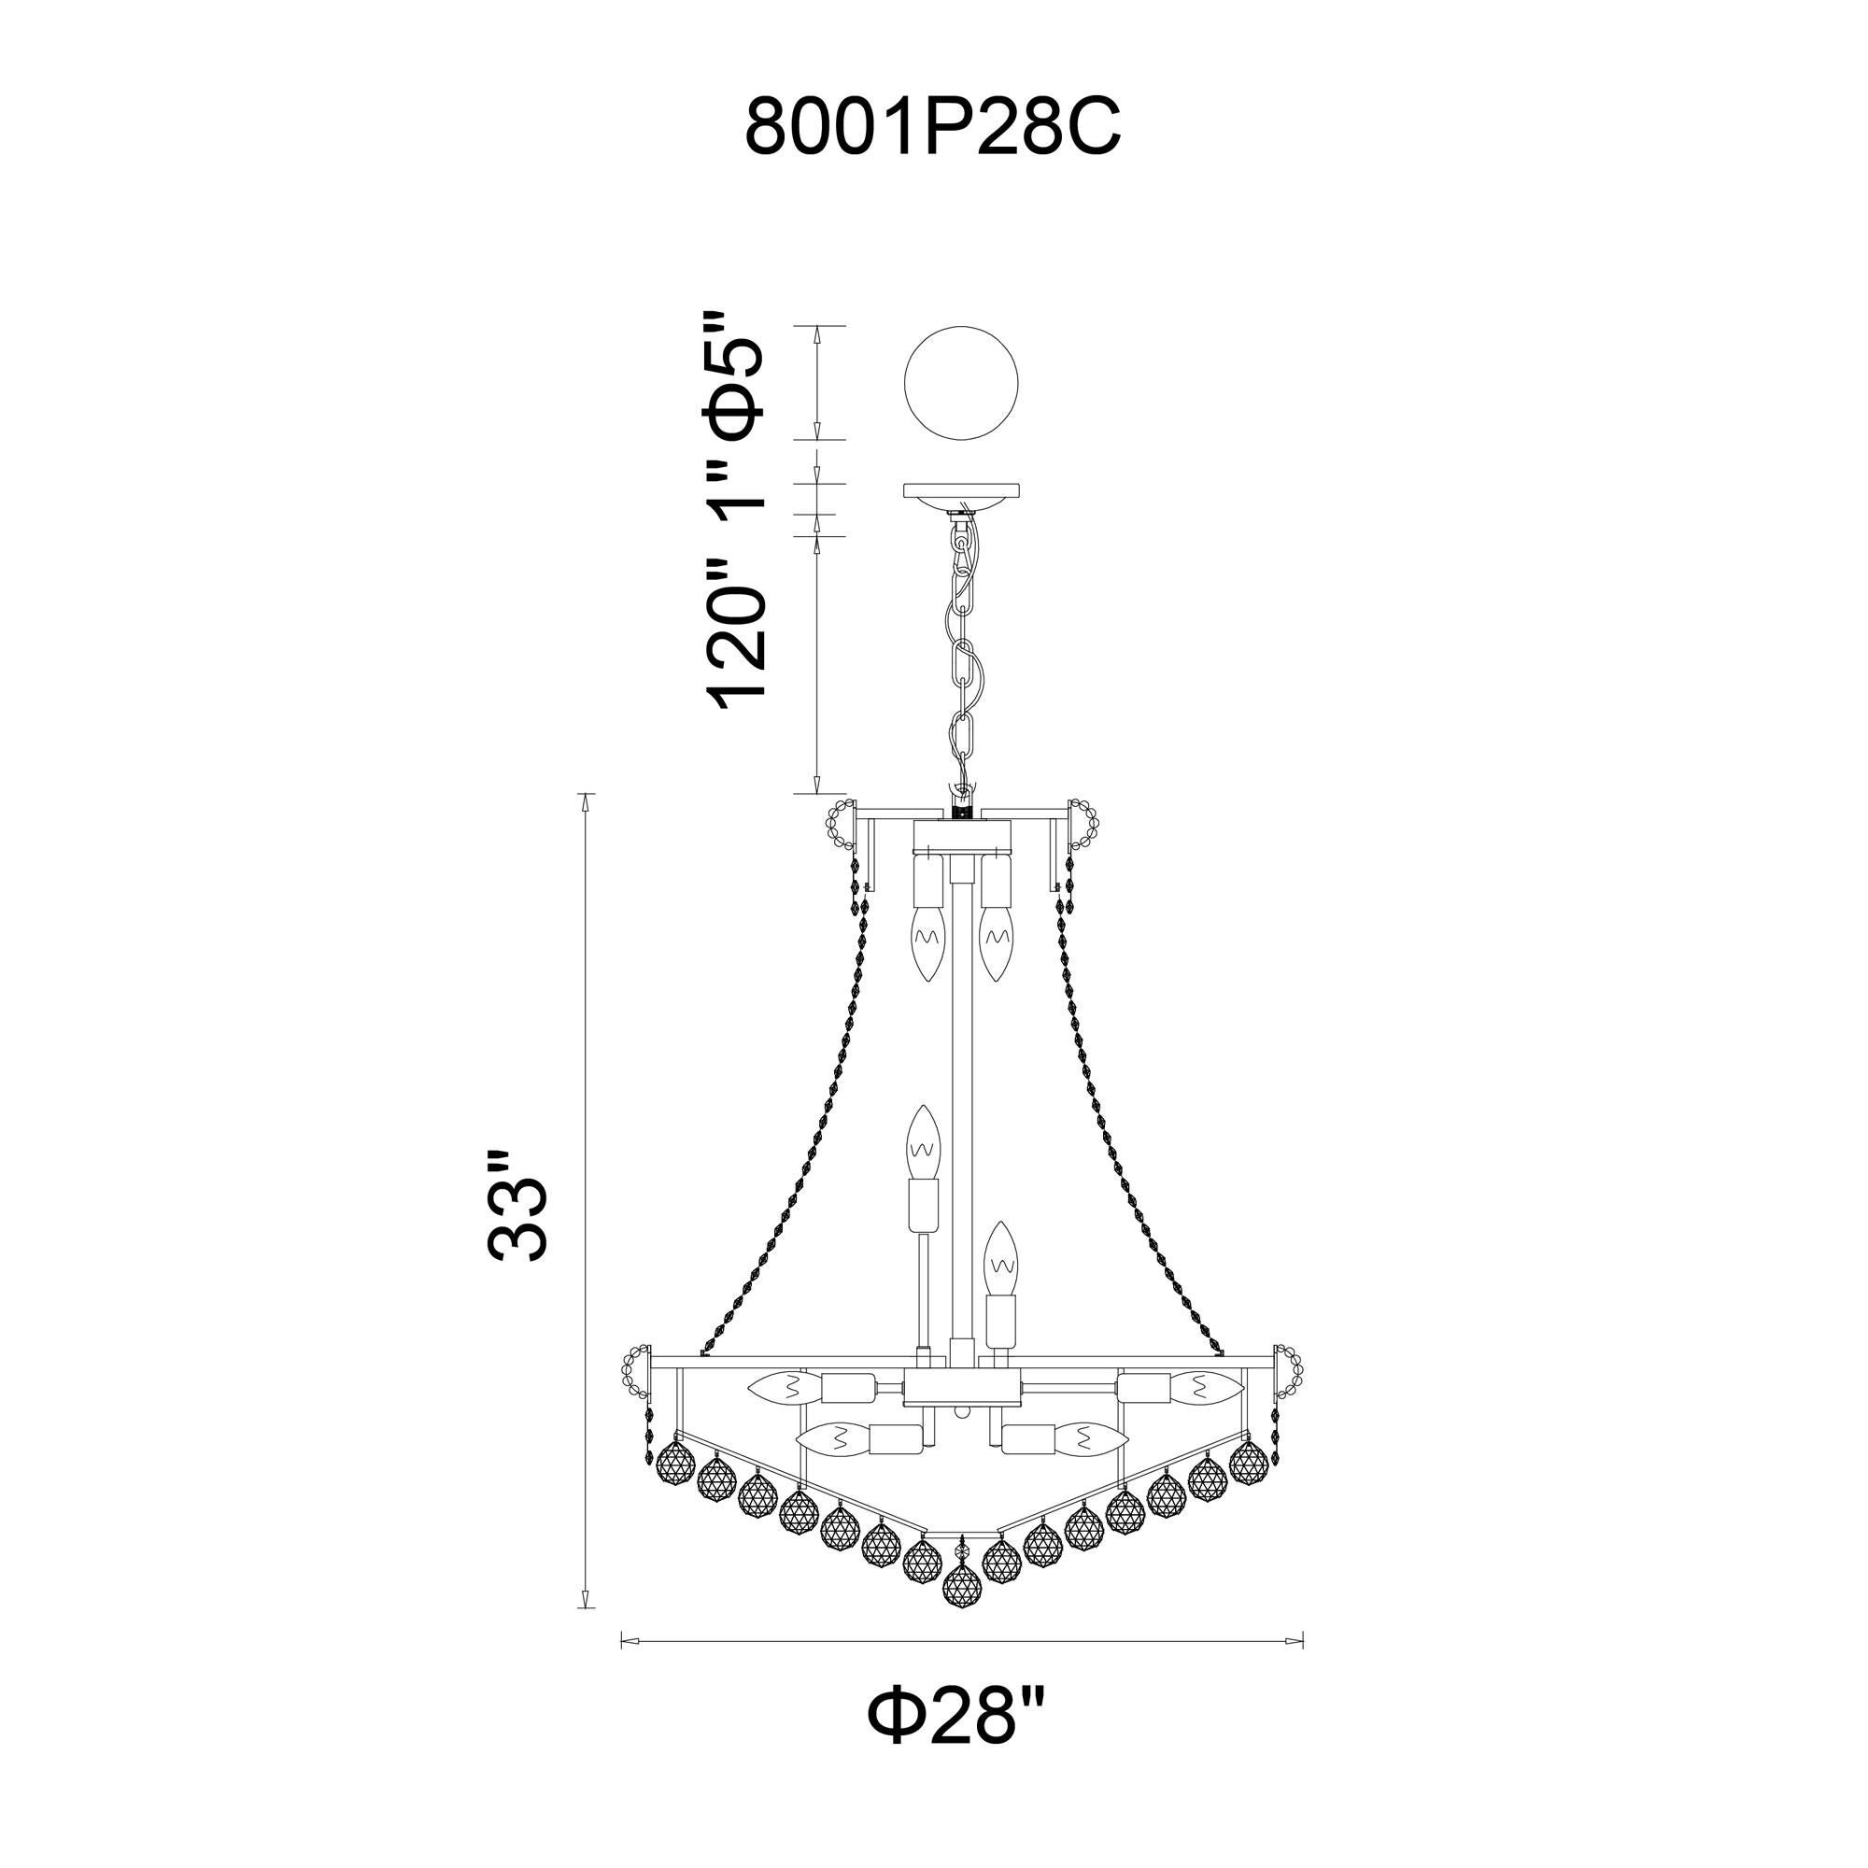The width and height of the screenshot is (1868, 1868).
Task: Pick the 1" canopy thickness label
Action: [x=740, y=495]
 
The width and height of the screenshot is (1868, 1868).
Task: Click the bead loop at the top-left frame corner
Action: [x=841, y=827]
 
